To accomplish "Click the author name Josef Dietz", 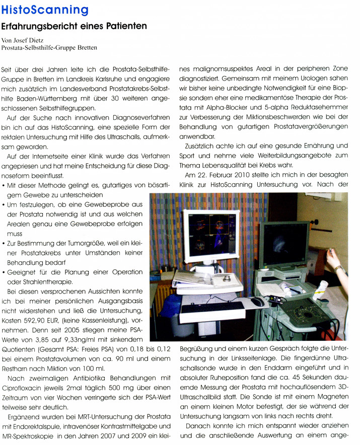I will click(x=31, y=40).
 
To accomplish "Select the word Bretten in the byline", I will click(x=86, y=48).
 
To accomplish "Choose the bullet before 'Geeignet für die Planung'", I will click(x=4, y=272).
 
